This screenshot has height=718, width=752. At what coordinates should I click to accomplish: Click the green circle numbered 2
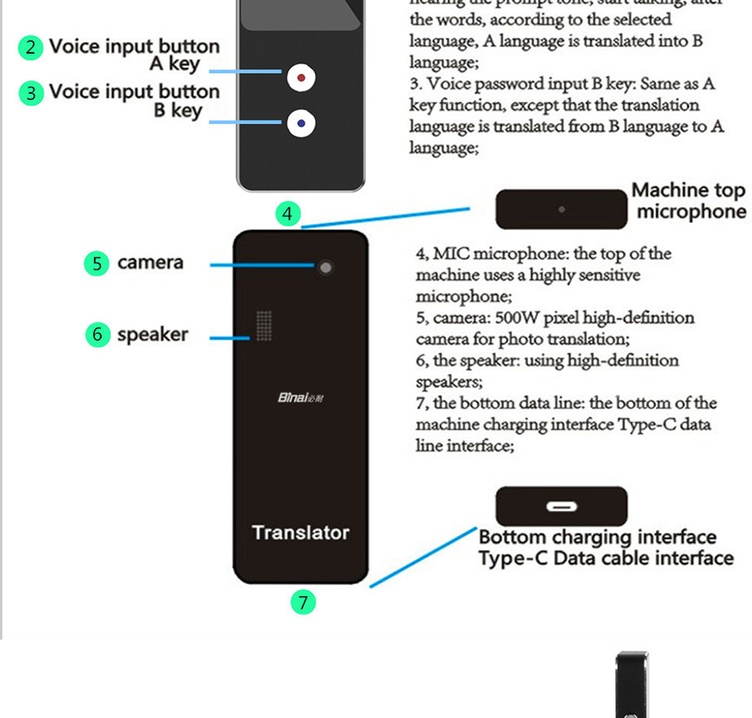[x=30, y=47]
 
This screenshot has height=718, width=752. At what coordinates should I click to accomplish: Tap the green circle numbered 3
[x=30, y=93]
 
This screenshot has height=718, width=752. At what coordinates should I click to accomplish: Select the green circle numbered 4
[x=288, y=213]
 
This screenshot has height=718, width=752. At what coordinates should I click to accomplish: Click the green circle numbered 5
[x=96, y=263]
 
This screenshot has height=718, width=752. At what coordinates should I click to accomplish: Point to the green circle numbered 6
[x=97, y=335]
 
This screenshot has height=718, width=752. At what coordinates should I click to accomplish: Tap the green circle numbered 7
[x=303, y=602]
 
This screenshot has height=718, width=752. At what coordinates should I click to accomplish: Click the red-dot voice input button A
[x=301, y=77]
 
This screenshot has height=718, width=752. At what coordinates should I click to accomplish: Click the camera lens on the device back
[x=326, y=268]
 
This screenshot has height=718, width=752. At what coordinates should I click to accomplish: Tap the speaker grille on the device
[x=264, y=326]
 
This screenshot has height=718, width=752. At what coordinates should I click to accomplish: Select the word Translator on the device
[x=301, y=532]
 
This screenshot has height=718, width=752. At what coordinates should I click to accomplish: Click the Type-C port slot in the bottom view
[x=561, y=507]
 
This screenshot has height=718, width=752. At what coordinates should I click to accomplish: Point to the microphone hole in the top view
[x=561, y=210]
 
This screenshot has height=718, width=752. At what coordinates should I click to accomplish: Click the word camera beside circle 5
[x=151, y=262]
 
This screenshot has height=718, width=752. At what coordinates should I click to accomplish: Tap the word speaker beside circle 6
[x=152, y=335]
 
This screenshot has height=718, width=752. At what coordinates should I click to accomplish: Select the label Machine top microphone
[x=688, y=201]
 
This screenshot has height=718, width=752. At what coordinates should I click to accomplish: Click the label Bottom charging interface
[x=597, y=537]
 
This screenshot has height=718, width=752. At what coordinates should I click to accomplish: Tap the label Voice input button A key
[x=134, y=54]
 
